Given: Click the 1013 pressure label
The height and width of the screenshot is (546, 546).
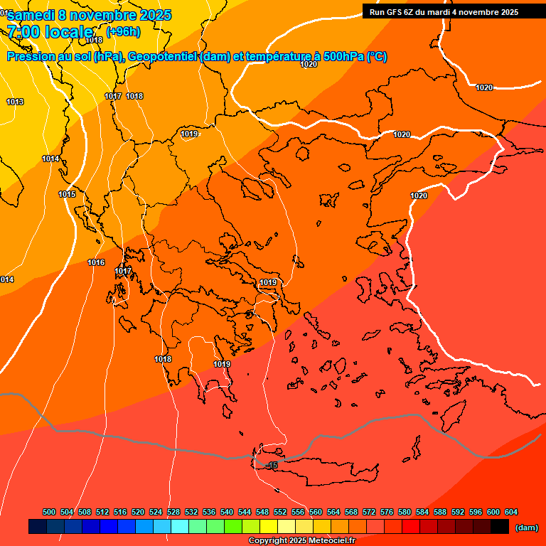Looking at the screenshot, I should click(x=15, y=102).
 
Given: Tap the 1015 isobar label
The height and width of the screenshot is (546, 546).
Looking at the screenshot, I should click(x=67, y=194).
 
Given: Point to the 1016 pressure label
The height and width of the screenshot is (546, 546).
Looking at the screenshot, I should click(x=96, y=262).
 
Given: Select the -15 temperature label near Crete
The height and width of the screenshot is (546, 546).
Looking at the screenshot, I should click(x=272, y=465).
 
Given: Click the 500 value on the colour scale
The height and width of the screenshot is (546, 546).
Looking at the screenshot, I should click(x=49, y=512).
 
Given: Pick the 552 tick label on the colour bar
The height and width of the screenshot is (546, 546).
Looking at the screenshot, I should click(x=280, y=512).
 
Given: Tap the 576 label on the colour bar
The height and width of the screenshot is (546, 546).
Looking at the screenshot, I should click(x=387, y=512).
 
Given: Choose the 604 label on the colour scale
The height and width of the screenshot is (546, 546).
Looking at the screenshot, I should click(x=511, y=512).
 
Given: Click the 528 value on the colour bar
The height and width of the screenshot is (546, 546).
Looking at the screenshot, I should click(x=173, y=512).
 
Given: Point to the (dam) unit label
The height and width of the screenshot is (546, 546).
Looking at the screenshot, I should click(x=526, y=528).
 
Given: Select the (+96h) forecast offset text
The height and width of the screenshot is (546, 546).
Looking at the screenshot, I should click(x=123, y=31).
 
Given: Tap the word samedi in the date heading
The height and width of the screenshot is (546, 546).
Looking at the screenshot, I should click(x=31, y=15).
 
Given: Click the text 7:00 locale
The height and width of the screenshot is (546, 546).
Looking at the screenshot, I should click(x=50, y=31).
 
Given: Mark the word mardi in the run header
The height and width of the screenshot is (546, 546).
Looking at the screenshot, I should click(x=446, y=12).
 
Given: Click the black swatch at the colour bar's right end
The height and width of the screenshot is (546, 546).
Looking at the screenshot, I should click(x=500, y=527).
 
